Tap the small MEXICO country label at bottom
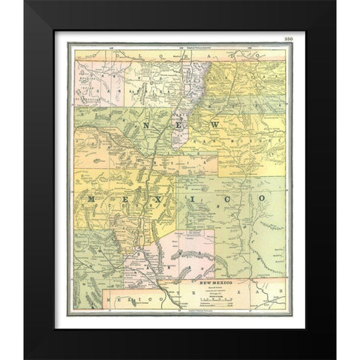124,298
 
